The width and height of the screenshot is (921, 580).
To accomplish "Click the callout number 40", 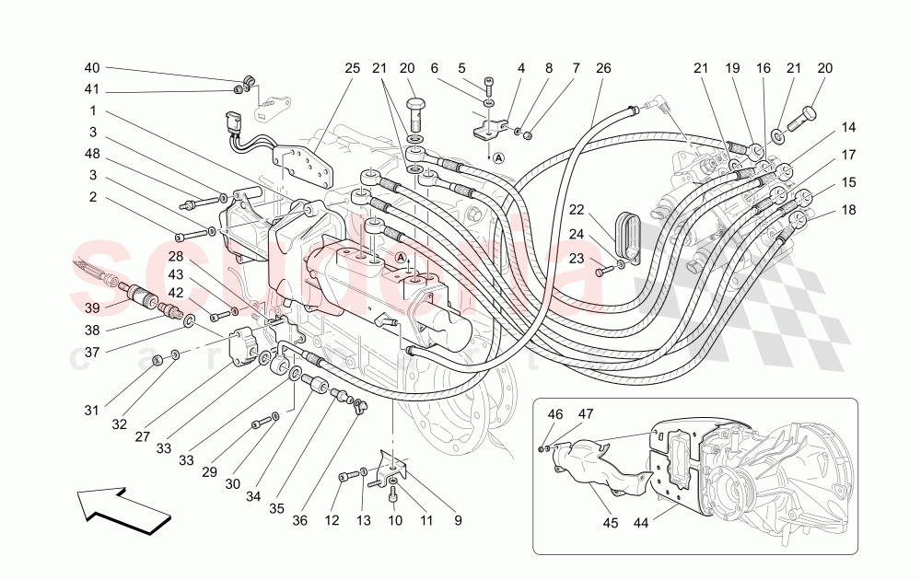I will (x=91, y=68).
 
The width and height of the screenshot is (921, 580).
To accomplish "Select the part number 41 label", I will (x=91, y=91).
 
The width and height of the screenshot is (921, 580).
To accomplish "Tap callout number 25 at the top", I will (x=353, y=68).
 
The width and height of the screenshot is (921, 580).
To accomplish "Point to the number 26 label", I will (x=603, y=68).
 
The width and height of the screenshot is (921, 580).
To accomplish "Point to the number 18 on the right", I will (x=848, y=210).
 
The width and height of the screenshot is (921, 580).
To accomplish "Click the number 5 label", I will (x=461, y=68).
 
